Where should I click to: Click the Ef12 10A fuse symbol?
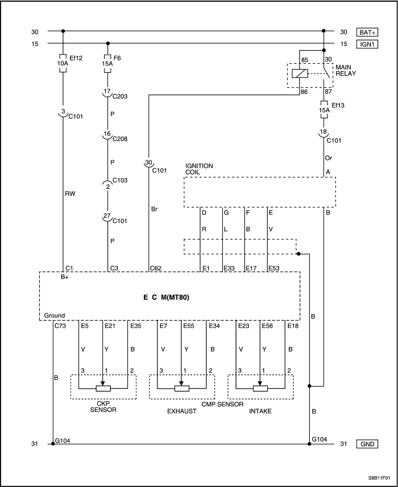pos(63,61)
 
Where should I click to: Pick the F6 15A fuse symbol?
pos(107,61)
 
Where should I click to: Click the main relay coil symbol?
pos(300,73)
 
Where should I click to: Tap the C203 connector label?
pos(119,96)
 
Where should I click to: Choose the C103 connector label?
pos(119,180)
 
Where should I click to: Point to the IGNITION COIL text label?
pos(199,169)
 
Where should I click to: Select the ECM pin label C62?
pos(156,267)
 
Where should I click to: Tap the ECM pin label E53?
pos(275,267)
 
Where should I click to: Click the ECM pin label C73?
pos(60,326)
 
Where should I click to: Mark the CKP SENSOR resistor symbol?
pos(102,389)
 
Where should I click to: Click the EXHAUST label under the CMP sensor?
pos(182,410)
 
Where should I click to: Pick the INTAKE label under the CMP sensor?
pos(260,410)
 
